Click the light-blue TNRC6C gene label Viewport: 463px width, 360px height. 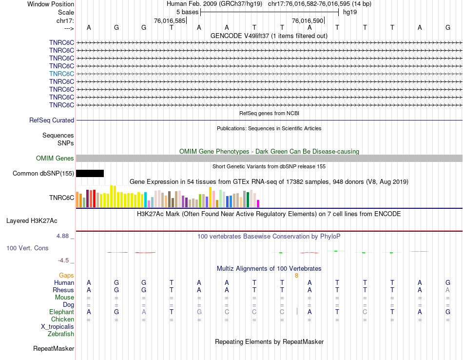click(61, 74)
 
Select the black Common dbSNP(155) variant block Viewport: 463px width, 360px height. click(90, 173)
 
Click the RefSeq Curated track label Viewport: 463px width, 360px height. click(52, 120)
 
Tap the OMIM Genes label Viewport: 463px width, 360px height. click(55, 158)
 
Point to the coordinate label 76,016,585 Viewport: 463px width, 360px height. click(170, 21)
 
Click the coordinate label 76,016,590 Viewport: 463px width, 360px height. click(308, 21)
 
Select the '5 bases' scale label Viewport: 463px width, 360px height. click(187, 12)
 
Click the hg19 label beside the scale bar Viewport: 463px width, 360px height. click(350, 12)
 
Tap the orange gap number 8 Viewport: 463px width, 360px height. click(296, 276)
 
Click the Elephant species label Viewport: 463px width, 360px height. click(61, 312)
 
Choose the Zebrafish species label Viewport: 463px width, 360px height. click(61, 334)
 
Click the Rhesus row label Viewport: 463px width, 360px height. click(63, 290)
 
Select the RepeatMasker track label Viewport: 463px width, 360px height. click(54, 349)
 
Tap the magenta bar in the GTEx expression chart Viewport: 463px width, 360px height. click(258, 203)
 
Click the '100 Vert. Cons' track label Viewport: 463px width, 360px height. click(27, 248)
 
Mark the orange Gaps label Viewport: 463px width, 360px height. click(66, 276)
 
